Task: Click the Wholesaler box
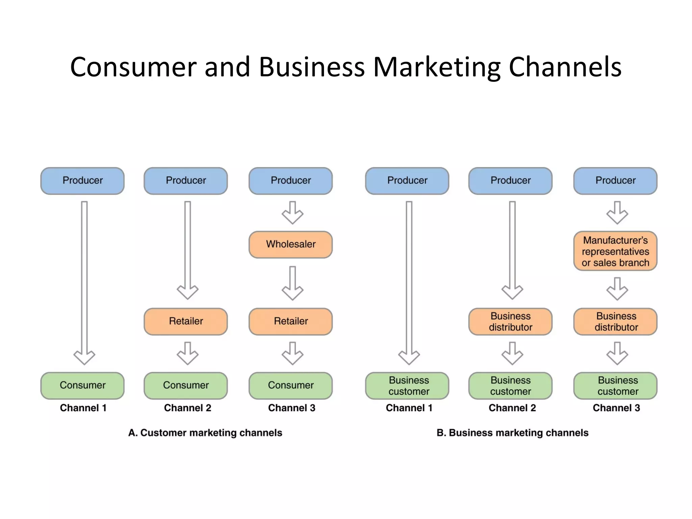(291, 244)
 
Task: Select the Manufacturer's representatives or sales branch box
(615, 251)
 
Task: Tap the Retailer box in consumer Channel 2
(186, 321)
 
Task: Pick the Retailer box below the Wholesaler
(291, 321)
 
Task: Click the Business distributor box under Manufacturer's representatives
(615, 321)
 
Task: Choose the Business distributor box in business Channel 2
(510, 321)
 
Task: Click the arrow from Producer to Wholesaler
(293, 213)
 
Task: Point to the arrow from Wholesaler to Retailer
(293, 283)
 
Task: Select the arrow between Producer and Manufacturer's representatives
(617, 213)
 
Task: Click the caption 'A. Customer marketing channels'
(205, 433)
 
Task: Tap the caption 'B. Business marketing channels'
(512, 433)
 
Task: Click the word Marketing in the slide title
(437, 67)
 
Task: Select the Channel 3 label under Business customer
(616, 408)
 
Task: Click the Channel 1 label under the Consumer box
(83, 408)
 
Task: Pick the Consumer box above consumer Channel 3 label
(291, 385)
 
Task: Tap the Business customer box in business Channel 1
(407, 386)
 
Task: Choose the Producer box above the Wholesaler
(291, 180)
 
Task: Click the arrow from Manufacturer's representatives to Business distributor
(617, 289)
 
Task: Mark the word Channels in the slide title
(565, 67)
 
